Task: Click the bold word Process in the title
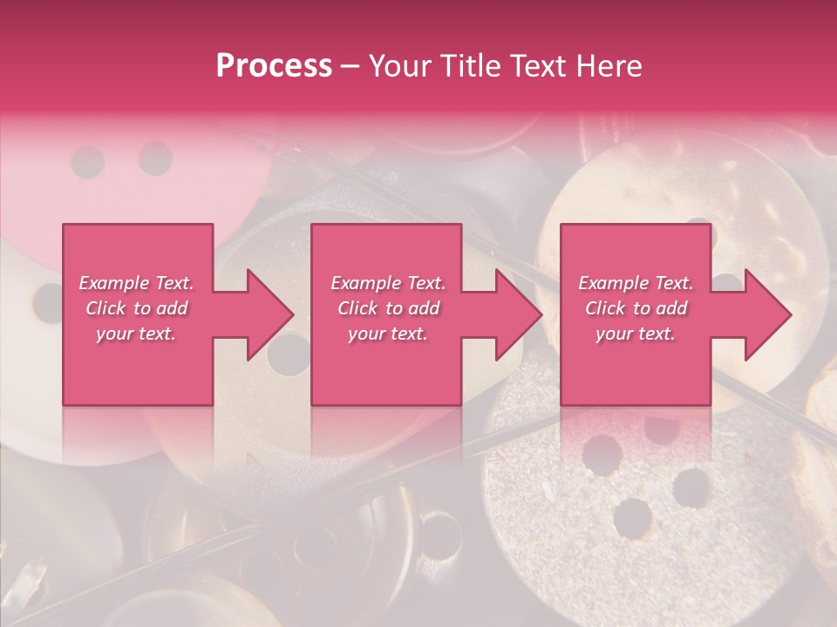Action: (274, 66)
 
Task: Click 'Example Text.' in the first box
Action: (136, 283)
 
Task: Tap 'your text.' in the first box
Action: (136, 334)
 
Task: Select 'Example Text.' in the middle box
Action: (388, 283)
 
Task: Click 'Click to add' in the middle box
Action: (388, 308)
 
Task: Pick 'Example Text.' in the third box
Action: (636, 283)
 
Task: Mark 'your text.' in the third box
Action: (636, 334)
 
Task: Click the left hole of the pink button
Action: (88, 162)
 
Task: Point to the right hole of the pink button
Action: (156, 159)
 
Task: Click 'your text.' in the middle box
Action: (388, 334)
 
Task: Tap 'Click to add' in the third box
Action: (636, 308)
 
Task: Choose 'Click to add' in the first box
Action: (136, 308)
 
